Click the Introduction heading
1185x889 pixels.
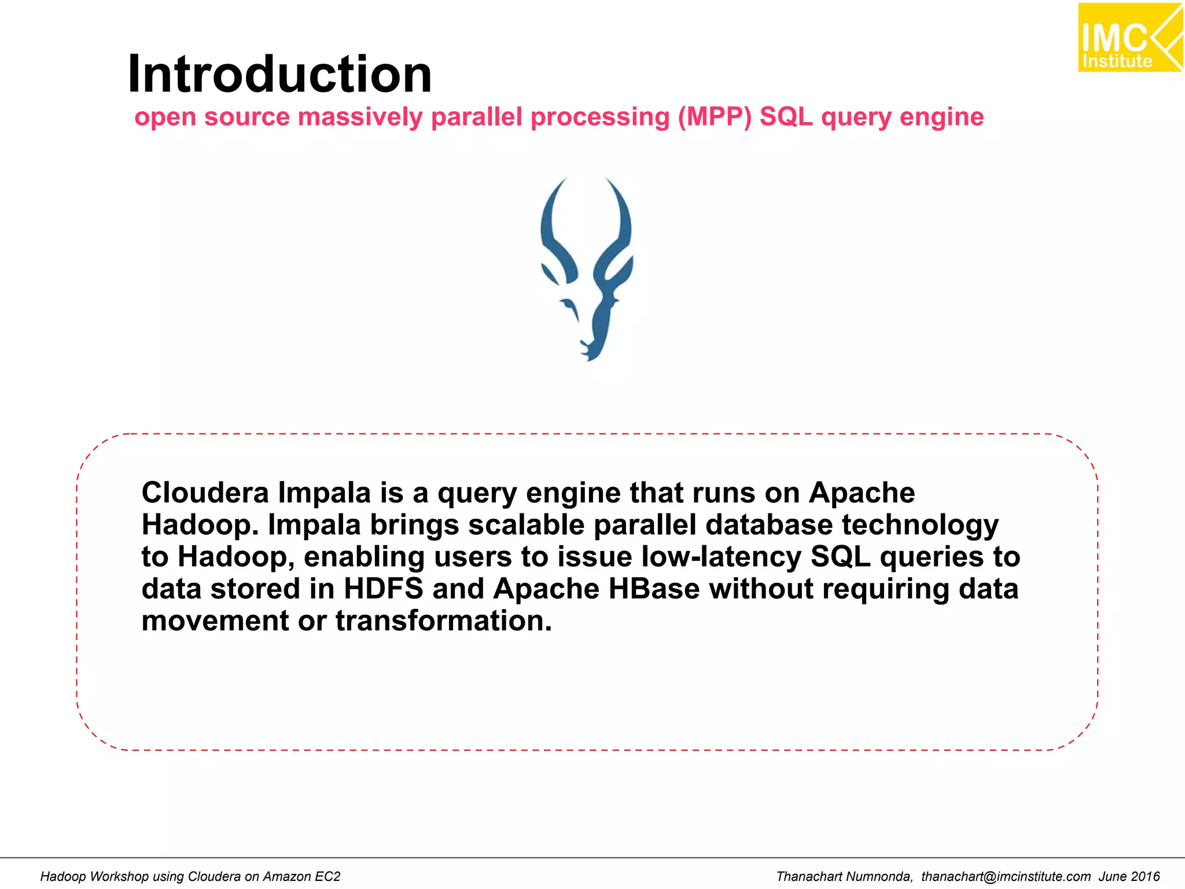pos(279,74)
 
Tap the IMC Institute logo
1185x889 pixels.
pos(1129,38)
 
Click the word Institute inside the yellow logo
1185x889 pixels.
pos(1117,61)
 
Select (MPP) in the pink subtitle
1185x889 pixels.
pos(715,117)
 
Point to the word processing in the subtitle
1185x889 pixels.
pos(599,117)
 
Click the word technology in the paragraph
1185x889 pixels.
pos(920,525)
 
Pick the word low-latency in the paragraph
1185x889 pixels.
pos(721,557)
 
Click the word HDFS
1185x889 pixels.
pos(383,589)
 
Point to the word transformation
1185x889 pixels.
pos(443,620)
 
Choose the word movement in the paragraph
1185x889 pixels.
pos(215,620)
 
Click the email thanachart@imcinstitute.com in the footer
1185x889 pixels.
pos(1006,876)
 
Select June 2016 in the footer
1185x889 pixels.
pos(1129,876)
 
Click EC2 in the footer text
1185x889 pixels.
pos(327,876)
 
